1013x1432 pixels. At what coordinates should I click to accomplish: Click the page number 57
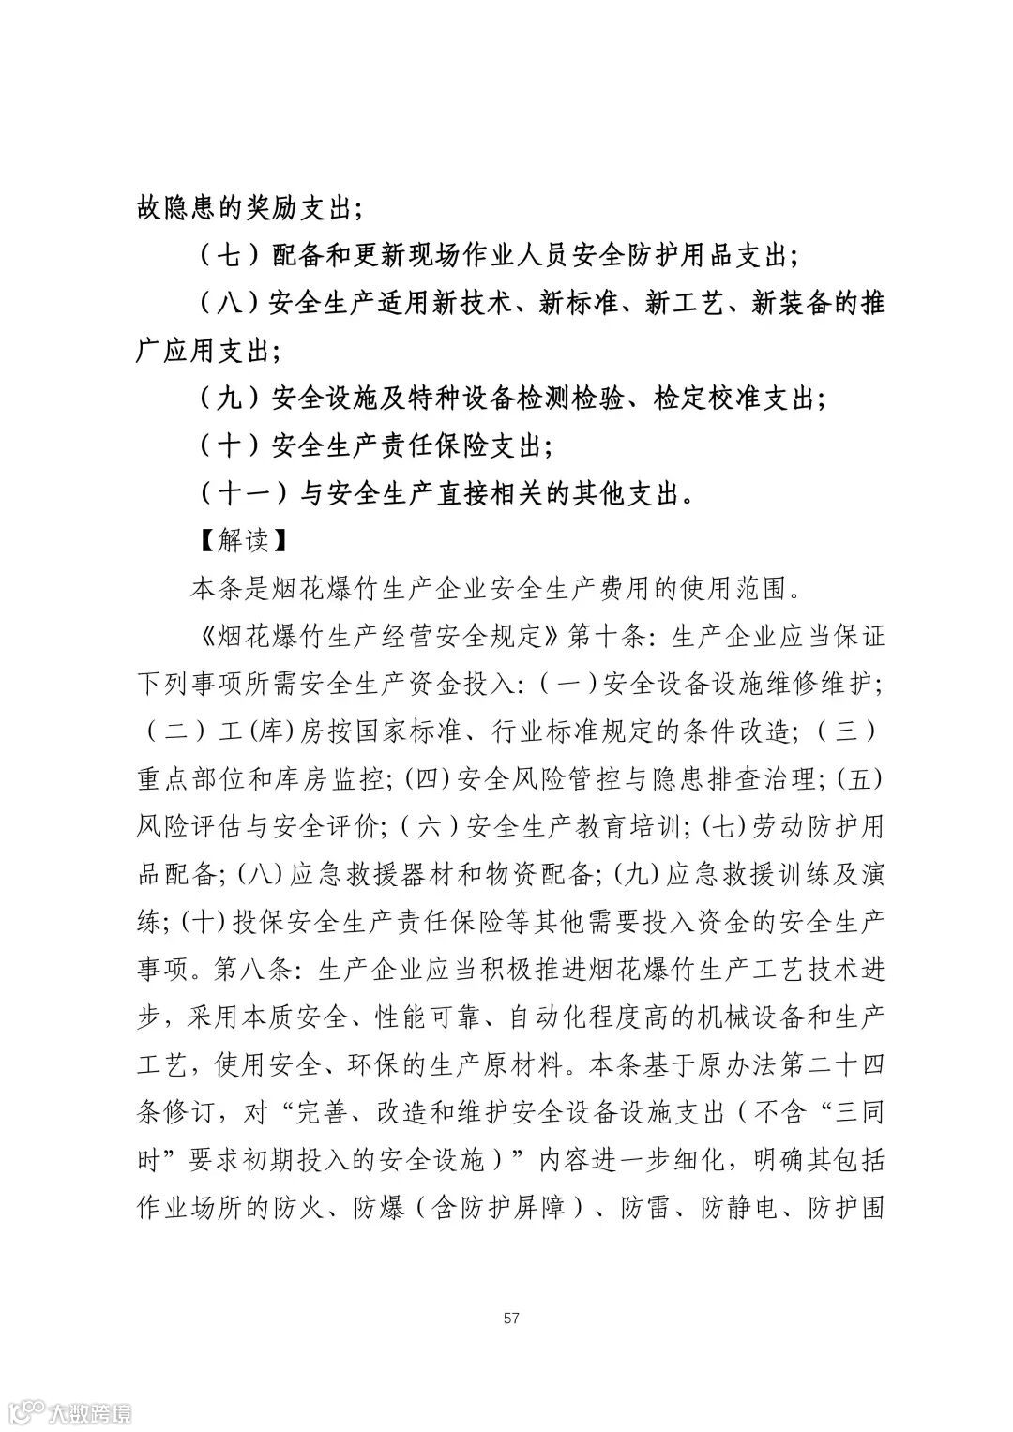tap(511, 1319)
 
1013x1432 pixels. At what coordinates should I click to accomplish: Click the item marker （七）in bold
tap(231, 255)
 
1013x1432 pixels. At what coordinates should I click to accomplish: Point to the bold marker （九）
tap(231, 398)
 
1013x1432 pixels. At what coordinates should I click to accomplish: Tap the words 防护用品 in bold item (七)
tap(682, 255)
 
